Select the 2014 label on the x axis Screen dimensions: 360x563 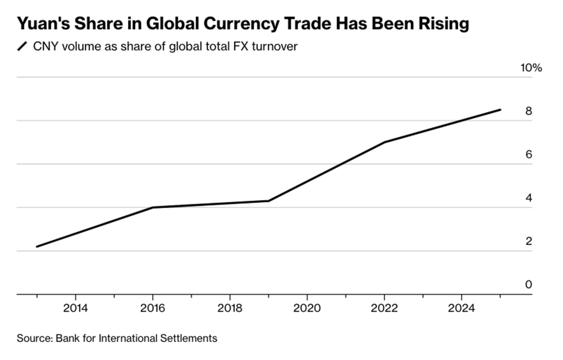tap(76, 308)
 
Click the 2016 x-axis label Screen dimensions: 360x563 tap(153, 308)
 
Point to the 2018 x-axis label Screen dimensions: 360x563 tap(230, 308)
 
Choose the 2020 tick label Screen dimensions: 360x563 tap(307, 308)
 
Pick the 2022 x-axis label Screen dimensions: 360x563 tap(384, 308)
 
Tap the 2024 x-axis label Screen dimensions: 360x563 tap(461, 308)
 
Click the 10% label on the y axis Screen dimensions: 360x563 tap(531, 68)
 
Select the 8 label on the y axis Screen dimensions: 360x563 tap(529, 111)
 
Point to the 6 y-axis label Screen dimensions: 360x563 tap(529, 155)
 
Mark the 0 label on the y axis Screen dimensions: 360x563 tap(529, 284)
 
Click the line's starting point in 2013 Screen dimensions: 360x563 tap(37, 246)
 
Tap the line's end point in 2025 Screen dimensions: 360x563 tap(500, 110)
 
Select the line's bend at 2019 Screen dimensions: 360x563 tap(268, 201)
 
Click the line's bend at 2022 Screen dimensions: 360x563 tap(384, 142)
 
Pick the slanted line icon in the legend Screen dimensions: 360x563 tap(22, 47)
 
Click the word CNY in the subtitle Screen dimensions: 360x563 tap(44, 47)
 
